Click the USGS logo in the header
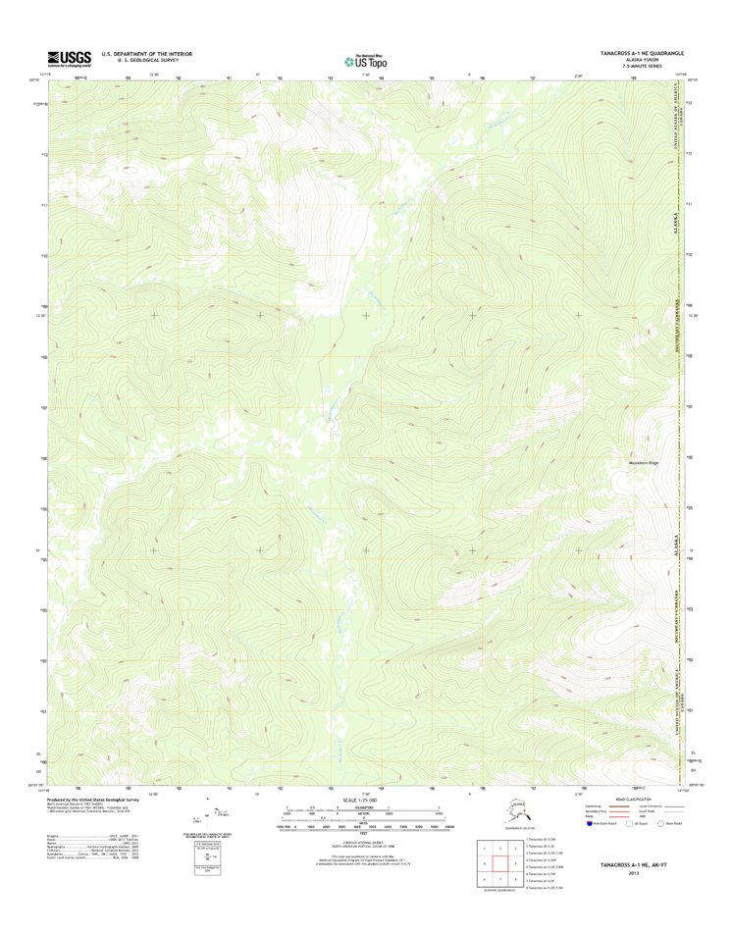[x=65, y=57]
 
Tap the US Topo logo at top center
[x=365, y=58]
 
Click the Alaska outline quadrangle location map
[x=507, y=814]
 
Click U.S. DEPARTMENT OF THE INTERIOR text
[x=147, y=53]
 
